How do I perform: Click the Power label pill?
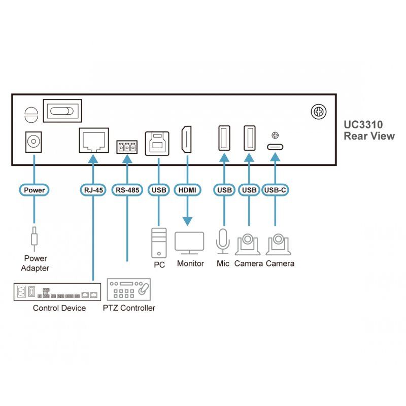34,190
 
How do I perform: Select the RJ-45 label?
93,190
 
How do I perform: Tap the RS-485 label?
127,190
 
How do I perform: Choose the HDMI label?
187,190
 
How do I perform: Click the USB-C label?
276,190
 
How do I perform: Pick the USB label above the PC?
159,190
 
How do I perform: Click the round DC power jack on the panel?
34,141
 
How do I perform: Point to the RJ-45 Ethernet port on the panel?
93,139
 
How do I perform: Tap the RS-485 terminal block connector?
127,148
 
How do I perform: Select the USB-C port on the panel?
276,147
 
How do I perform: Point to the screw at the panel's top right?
319,112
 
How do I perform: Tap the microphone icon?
223,241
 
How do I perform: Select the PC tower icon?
159,243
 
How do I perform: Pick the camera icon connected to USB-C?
278,244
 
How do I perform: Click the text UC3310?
363,124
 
